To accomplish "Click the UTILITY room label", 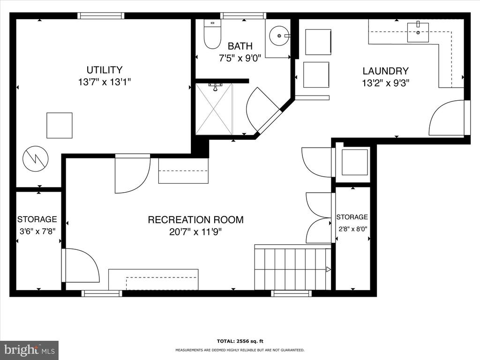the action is coord(105,70).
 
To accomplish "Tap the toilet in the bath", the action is coord(212,34).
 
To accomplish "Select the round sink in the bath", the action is coord(279,36).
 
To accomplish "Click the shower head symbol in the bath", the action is coord(215,87).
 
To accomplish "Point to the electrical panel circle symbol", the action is coord(36,158).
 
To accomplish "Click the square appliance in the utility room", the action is coord(60,126).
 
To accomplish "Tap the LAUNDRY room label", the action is coord(385,71).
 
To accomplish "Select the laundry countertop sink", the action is coord(418,32).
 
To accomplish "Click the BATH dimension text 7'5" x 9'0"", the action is coord(240,58).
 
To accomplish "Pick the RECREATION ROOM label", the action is coord(195,220).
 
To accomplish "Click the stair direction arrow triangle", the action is coord(329,270).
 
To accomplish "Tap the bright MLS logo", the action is coord(30,350).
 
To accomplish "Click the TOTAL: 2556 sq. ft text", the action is coord(240,341).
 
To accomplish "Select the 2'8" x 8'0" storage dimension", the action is coord(352,229).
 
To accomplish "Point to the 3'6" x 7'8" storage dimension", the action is coord(37,232).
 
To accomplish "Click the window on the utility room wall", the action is coord(101,15).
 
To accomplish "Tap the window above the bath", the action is coord(243,15).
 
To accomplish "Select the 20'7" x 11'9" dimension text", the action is coord(195,232).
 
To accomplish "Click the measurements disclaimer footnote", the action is coord(240,350).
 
